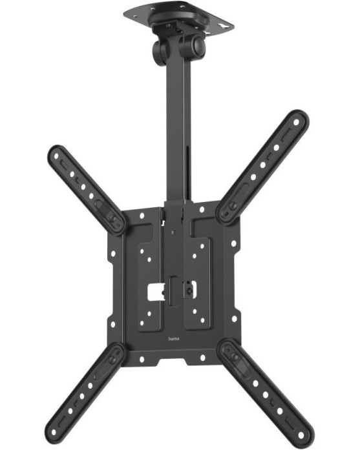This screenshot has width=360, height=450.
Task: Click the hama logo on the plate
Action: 173,339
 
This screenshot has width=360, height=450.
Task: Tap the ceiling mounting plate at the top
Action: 178,17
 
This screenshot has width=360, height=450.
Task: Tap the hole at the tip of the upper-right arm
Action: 297,122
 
